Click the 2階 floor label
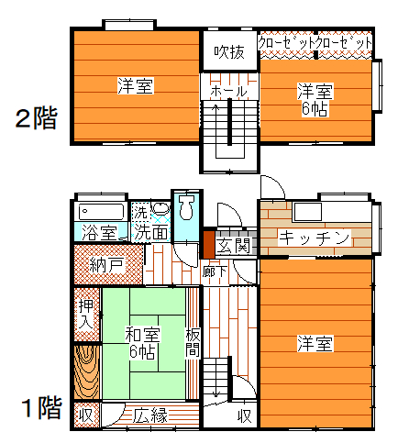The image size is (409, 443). click(37, 118)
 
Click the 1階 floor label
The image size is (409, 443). click(42, 407)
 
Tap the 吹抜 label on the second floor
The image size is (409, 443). click(229, 52)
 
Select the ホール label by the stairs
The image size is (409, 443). click(228, 91)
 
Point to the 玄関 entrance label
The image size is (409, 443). click(234, 245)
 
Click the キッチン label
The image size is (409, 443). click(315, 238)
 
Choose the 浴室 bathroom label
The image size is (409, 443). click(100, 233)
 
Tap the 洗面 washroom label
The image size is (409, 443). click(151, 233)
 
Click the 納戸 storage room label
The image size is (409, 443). click(106, 265)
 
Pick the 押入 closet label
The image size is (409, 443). click(85, 314)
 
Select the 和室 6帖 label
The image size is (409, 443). click(142, 342)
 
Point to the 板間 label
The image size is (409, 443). click(193, 342)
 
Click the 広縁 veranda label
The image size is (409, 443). click(150, 415)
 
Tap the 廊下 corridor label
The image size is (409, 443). click(215, 271)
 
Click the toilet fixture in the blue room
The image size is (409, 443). click(186, 207)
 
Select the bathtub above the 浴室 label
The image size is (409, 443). click(101, 212)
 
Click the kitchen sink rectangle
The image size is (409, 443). click(307, 211)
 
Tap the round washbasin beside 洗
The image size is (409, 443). click(161, 208)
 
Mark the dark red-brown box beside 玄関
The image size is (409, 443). click(209, 245)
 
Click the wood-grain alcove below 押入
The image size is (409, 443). click(87, 372)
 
